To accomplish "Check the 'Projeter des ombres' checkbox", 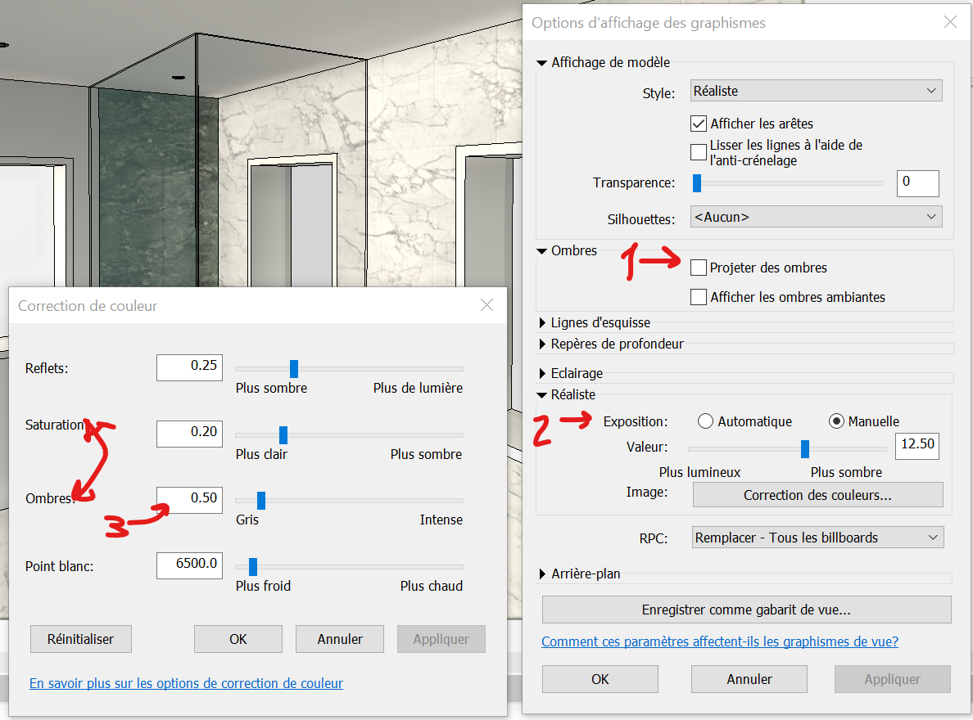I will (699, 268).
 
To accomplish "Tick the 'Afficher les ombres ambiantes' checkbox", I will (699, 297).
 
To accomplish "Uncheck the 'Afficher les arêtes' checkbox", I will (699, 124).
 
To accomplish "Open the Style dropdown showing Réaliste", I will (817, 91).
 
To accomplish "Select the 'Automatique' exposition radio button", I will (705, 421).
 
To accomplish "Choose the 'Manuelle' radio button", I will (837, 421).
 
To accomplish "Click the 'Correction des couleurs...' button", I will (817, 495).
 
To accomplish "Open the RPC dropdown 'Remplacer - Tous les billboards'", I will (817, 538).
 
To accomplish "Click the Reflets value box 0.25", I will (189, 366).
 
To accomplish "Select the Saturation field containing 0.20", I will (189, 432).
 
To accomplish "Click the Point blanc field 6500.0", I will (189, 564).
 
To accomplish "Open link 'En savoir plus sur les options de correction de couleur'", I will (186, 683).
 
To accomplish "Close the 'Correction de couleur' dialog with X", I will (486, 305).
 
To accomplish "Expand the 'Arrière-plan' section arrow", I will (543, 574).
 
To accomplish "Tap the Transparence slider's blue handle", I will (697, 182).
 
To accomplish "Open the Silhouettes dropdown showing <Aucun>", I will (817, 217).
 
